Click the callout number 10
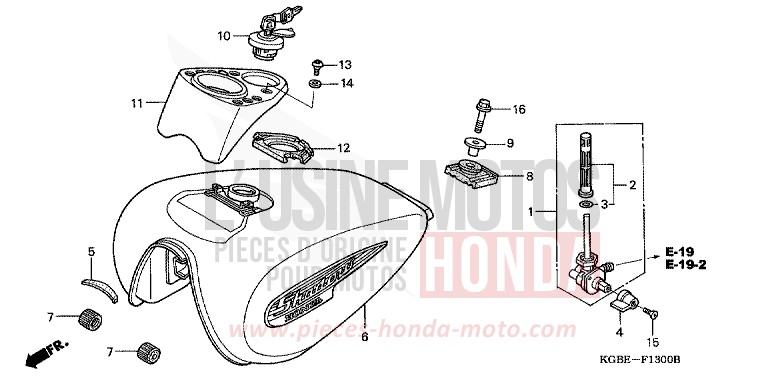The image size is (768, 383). [224, 37]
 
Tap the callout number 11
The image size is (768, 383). [137, 101]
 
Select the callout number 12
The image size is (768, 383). [343, 148]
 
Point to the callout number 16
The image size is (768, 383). [518, 109]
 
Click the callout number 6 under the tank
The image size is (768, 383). [365, 337]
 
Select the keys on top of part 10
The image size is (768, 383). [273, 18]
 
